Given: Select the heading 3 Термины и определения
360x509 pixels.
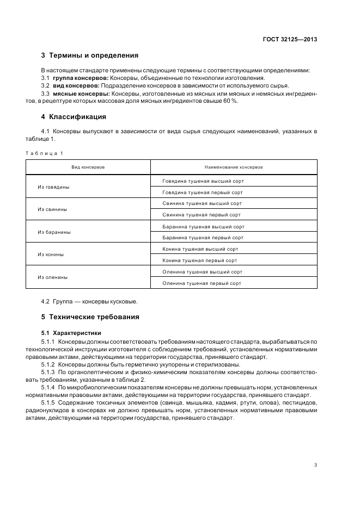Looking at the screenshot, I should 90,55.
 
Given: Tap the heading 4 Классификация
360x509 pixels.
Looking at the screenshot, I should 74,117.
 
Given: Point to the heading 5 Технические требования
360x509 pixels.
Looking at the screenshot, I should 90,316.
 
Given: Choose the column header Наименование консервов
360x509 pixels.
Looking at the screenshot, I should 234,167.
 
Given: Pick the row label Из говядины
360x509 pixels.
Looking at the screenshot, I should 53,187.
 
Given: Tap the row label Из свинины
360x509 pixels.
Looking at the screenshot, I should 52,209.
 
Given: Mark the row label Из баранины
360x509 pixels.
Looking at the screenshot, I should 54,232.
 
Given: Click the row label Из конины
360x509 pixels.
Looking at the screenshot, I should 51,254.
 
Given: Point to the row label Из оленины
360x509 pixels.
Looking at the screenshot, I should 53,277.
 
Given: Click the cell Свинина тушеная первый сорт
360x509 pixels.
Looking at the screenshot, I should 201,215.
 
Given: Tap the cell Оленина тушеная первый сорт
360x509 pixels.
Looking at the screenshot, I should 202,283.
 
